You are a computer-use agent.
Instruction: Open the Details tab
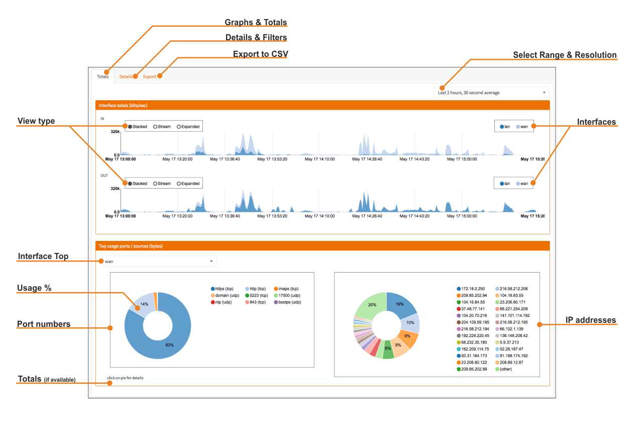[x=126, y=76]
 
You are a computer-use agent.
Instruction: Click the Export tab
[x=150, y=76]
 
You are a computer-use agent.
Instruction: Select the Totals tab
[x=103, y=76]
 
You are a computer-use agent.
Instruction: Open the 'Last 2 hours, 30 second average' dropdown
[x=491, y=93]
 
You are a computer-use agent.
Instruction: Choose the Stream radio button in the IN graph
[x=162, y=126]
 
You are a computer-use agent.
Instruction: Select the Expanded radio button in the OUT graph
[x=188, y=184]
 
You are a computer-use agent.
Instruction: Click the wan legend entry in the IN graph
[x=522, y=126]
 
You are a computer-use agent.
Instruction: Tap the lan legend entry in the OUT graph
[x=505, y=184]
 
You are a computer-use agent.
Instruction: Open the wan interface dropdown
[x=159, y=262]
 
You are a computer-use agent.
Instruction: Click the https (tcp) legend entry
[x=222, y=289]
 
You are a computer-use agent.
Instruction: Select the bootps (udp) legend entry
[x=288, y=302]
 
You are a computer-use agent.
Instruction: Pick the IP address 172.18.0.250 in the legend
[x=471, y=289]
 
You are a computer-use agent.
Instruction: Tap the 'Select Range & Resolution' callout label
[x=565, y=55]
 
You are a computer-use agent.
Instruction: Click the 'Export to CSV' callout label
[x=260, y=54]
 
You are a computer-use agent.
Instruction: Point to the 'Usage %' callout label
[x=34, y=288]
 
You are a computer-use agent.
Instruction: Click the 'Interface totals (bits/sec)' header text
[x=123, y=105]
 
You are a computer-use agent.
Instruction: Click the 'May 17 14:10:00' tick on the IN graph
[x=319, y=159]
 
